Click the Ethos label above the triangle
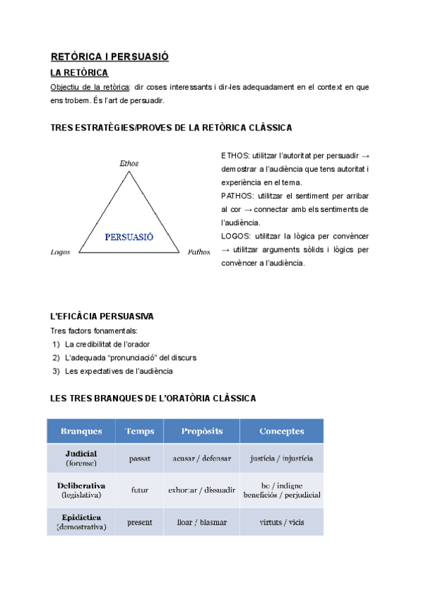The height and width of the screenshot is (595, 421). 129,163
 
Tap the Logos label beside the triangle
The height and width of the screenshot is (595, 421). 61,251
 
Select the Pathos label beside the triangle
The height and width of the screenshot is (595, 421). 199,251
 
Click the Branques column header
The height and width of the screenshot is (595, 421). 81,431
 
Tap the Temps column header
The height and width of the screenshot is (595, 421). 140,431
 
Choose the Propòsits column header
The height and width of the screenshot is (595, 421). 201,431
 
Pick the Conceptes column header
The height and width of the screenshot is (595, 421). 281,431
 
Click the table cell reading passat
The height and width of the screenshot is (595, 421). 140,458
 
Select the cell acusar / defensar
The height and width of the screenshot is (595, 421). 201,458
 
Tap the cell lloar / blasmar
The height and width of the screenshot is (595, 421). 201,522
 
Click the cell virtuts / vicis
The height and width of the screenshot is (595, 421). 281,522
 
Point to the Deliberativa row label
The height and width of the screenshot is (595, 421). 81,486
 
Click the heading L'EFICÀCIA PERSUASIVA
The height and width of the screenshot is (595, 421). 102,316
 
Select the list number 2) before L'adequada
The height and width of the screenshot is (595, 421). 56,358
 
